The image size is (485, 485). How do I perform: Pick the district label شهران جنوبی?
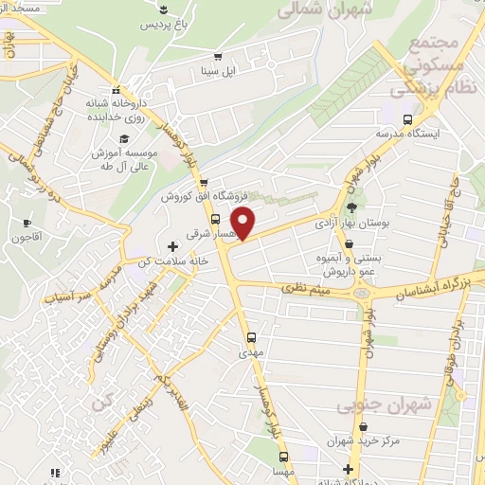(x=383, y=405)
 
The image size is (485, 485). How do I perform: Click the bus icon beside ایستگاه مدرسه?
(x=407, y=119)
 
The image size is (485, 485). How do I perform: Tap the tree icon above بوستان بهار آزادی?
(x=352, y=207)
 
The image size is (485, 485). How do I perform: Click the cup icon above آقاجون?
(x=27, y=223)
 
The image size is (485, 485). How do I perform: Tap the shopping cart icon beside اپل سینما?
(x=219, y=57)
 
